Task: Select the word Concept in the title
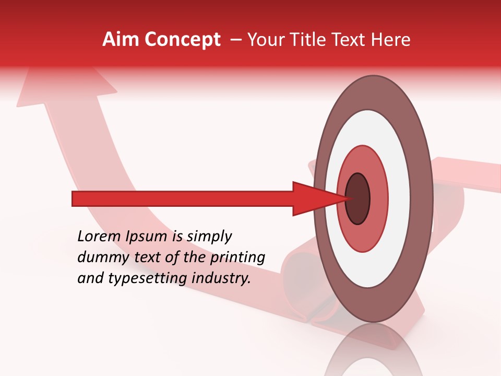pos(182,40)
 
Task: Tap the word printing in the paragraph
pos(237,258)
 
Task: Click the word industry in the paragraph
pos(221,278)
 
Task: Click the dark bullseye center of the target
pos(358,198)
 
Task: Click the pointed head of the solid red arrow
pos(313,198)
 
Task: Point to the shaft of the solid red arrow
pos(183,198)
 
